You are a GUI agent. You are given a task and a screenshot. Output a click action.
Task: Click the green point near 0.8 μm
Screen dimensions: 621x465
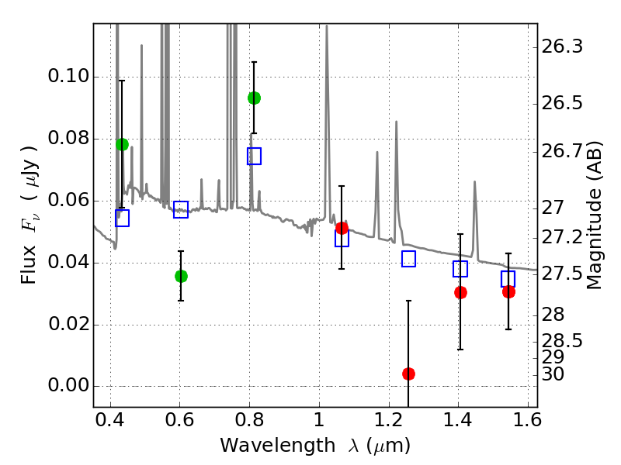(255, 98)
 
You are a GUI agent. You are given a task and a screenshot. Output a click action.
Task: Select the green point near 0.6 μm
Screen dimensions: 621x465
(181, 276)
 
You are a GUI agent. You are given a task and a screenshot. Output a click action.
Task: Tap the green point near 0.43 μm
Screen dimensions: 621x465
(123, 144)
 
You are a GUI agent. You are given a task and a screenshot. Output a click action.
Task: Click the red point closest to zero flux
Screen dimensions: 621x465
(409, 374)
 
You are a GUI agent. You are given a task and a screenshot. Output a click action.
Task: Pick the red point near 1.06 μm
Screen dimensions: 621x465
(342, 228)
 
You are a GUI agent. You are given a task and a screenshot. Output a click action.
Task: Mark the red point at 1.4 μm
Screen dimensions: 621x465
(460, 293)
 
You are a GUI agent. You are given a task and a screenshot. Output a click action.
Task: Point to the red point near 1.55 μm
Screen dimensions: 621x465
(509, 292)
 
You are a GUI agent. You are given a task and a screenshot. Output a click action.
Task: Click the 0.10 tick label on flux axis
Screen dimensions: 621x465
(68, 75)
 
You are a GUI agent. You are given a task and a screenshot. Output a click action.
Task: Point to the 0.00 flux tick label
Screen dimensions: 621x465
(68, 385)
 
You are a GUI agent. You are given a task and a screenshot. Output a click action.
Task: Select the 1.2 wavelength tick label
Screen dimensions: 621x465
(389, 420)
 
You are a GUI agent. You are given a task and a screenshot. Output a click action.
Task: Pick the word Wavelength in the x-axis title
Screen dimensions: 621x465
(278, 446)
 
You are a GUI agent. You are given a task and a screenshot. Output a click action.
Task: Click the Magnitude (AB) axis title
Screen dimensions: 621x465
(593, 215)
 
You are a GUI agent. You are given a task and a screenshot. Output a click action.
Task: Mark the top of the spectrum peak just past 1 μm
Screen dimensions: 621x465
(327, 26)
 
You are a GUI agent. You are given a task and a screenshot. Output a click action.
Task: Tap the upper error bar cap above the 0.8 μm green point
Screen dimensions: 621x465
(255, 62)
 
